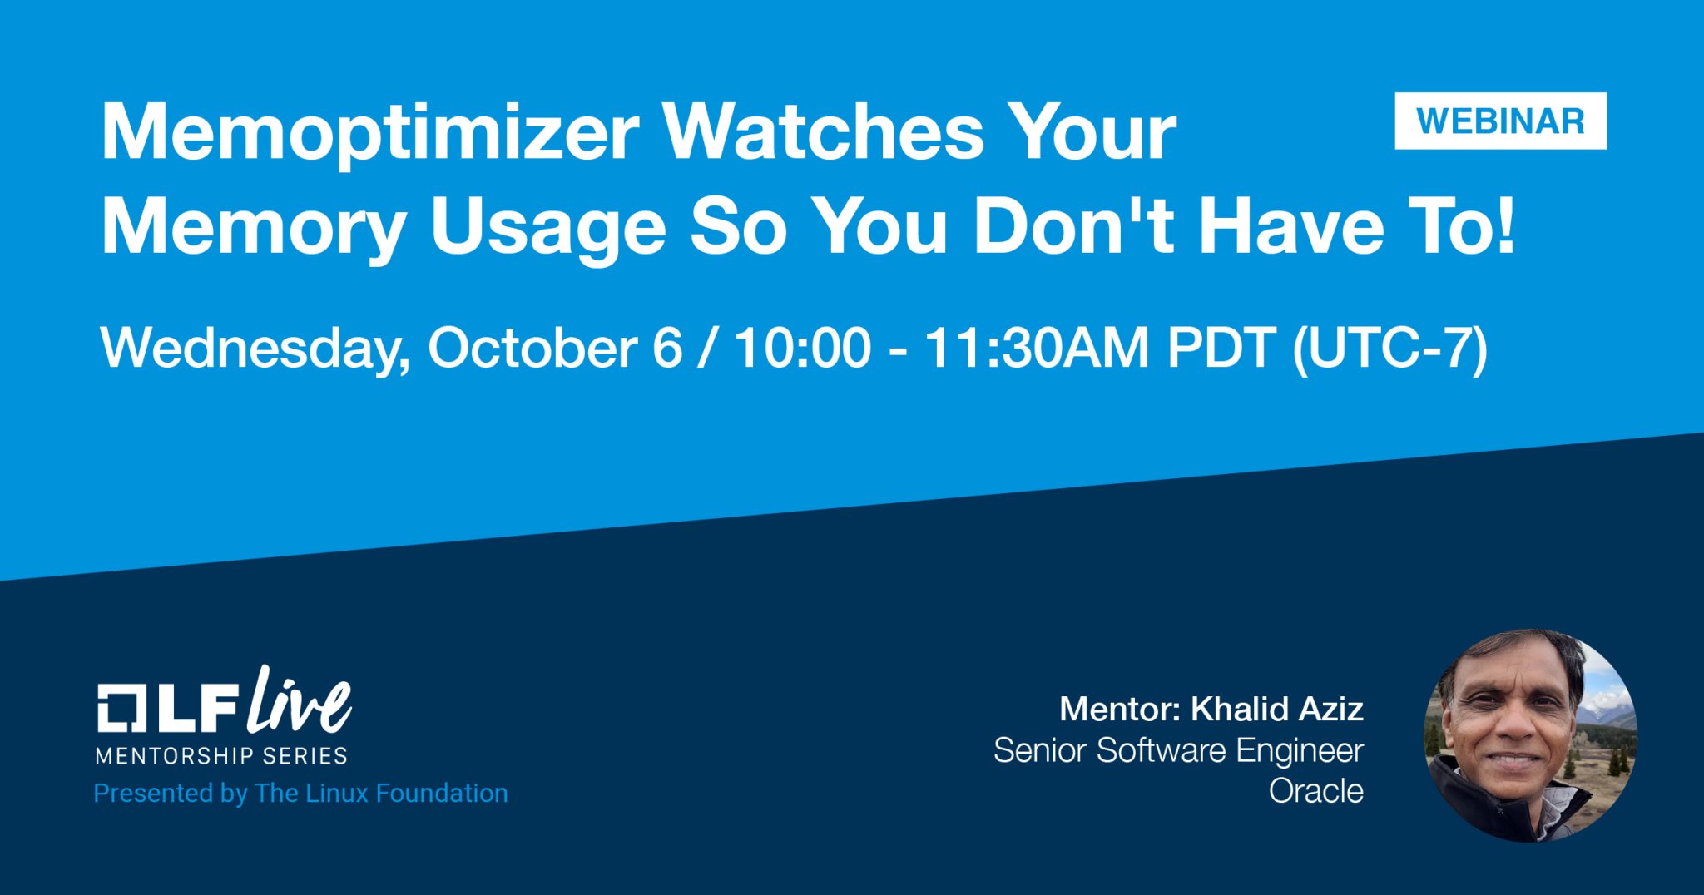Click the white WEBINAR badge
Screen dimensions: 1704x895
[1500, 121]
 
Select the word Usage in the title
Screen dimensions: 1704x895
[548, 228]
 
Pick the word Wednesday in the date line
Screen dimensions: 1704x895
[255, 349]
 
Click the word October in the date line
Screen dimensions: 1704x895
[532, 347]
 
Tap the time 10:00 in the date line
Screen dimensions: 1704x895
[803, 348]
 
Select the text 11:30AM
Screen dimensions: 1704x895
[1037, 348]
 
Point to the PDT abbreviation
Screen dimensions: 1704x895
[1221, 348]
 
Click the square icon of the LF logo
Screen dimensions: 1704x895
[123, 709]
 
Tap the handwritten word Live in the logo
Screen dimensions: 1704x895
[300, 700]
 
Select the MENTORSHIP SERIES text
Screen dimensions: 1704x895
[221, 755]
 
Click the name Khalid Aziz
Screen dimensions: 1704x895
[1277, 710]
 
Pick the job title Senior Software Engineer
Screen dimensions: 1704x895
[1178, 750]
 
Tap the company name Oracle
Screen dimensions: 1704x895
[1315, 791]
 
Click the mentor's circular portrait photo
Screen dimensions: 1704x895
[1531, 735]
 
